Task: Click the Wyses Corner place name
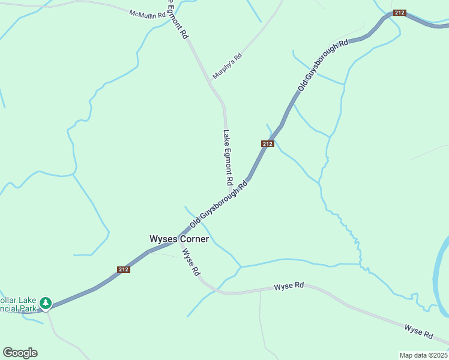tap(179, 239)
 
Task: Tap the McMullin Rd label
tap(146, 13)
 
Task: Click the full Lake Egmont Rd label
tap(228, 157)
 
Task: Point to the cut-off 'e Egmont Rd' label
tap(178, 19)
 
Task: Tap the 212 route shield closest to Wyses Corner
tap(124, 269)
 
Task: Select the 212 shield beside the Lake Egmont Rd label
tap(268, 144)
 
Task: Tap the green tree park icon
tap(46, 304)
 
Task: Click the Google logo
tap(20, 353)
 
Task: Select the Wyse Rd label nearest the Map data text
tap(419, 331)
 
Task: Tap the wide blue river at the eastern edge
tap(442, 270)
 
